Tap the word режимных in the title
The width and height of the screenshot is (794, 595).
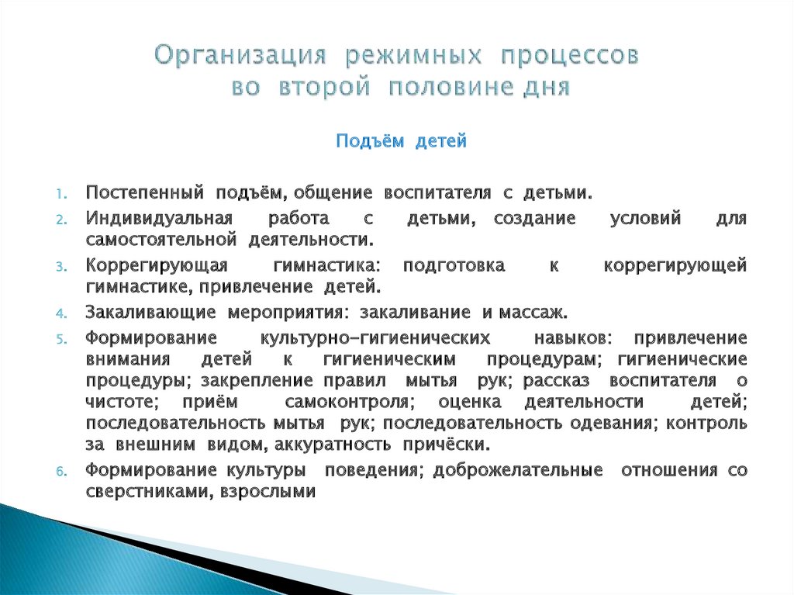(x=411, y=57)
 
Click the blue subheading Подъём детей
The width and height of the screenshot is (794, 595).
(x=401, y=142)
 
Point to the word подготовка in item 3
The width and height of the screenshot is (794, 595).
(x=454, y=265)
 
